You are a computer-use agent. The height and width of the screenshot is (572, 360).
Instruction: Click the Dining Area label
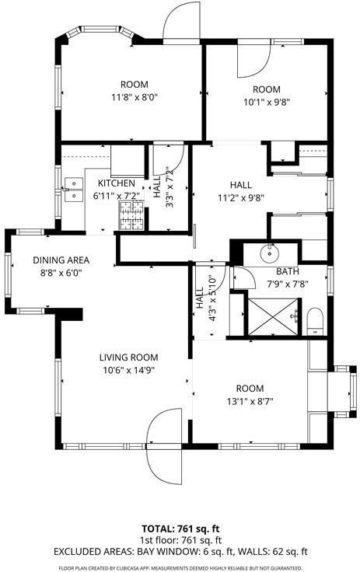click(61, 260)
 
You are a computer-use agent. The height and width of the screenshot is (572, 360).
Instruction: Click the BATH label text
click(288, 271)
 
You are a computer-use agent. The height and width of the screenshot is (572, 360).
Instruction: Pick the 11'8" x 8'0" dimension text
click(134, 98)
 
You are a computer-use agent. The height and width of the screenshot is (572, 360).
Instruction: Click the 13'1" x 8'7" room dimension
click(250, 401)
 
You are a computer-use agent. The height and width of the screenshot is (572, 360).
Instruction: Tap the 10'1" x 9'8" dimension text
click(266, 101)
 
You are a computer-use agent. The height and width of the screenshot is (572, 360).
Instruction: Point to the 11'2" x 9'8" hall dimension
click(241, 197)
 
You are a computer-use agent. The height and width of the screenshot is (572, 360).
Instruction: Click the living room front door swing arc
click(164, 444)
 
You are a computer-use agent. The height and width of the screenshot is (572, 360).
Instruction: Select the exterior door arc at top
click(181, 20)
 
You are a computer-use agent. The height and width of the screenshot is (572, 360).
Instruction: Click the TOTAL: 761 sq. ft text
click(180, 527)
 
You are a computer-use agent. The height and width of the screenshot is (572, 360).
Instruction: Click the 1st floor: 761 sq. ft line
click(180, 539)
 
